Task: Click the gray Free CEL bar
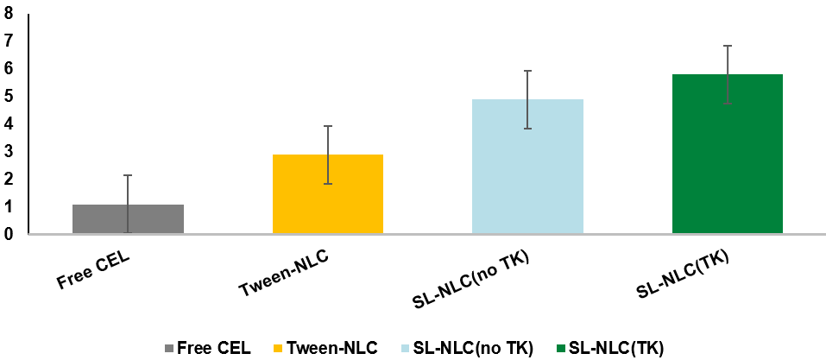pos(128,219)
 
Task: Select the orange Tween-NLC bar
pos(328,194)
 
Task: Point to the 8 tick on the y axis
pos(8,13)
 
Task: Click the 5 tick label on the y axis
pos(8,96)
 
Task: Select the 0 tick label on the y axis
pos(8,234)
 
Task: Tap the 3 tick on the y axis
pos(8,151)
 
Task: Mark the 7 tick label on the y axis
pos(8,41)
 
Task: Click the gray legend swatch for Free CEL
pos(168,349)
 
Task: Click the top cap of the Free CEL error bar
pos(128,175)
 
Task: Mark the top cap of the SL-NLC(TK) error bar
pos(728,46)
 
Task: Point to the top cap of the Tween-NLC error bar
pos(328,126)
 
